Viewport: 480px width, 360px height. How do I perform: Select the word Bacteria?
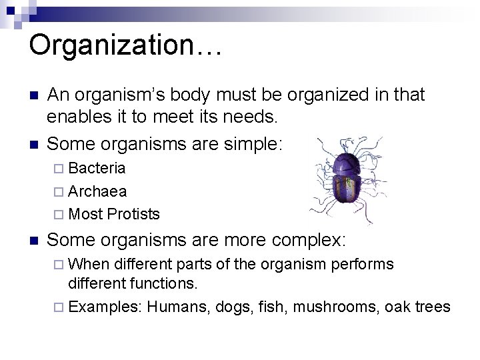[x=97, y=167]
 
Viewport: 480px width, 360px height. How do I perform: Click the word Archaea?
[x=97, y=191]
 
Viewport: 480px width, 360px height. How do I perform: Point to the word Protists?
[x=133, y=214]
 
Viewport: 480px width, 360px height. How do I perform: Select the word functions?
[x=164, y=283]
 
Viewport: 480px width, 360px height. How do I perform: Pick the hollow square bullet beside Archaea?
[x=60, y=191]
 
